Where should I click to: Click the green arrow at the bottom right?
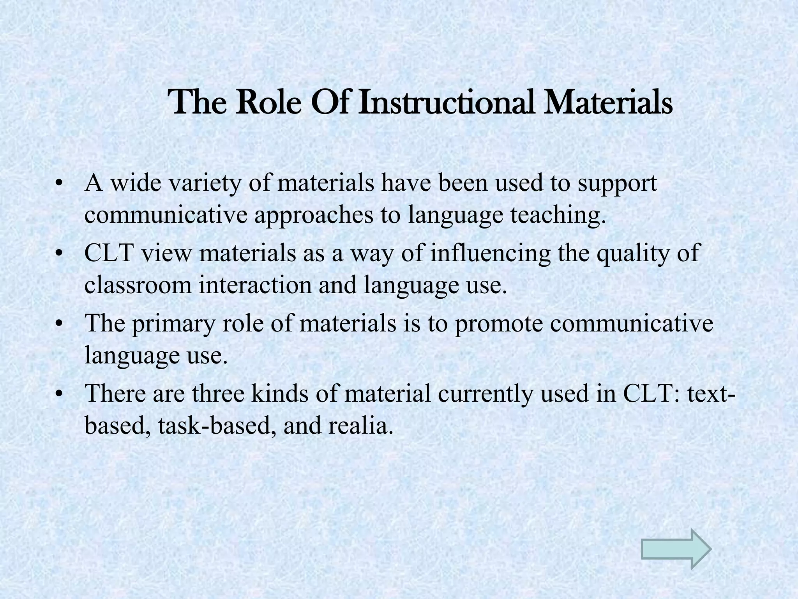point(676,549)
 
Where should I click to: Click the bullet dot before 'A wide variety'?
point(59,183)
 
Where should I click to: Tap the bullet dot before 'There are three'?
point(59,394)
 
